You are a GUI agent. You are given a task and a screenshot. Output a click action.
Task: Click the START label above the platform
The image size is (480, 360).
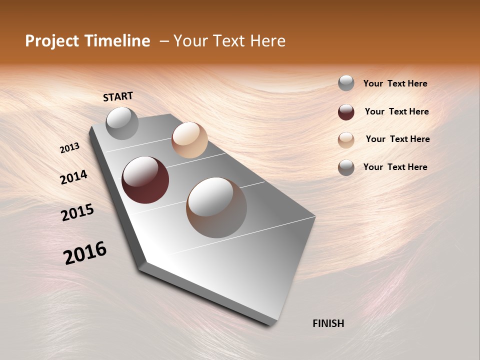point(118,96)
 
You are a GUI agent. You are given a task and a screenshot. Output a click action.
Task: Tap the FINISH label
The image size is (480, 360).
point(328,323)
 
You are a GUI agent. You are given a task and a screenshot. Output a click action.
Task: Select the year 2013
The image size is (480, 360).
point(69,148)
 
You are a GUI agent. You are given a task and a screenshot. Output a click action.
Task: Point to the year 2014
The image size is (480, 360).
point(73,177)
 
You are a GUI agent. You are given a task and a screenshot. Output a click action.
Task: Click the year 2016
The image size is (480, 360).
point(85,253)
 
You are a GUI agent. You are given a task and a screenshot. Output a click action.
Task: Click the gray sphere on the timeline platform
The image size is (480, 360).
point(122,123)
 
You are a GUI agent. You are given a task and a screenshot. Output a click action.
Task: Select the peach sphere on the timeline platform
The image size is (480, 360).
point(189,140)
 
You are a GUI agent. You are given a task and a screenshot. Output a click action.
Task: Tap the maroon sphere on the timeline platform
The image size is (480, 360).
point(145,180)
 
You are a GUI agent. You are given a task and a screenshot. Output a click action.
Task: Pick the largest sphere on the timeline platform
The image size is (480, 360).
point(216,207)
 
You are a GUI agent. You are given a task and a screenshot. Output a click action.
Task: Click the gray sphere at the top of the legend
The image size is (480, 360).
point(346,83)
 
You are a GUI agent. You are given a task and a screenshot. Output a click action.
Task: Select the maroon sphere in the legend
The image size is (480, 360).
point(346,112)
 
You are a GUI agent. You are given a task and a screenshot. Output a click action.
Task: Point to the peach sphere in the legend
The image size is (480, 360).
point(346,140)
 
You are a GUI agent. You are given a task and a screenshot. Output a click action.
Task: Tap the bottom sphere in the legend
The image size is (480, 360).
point(346,167)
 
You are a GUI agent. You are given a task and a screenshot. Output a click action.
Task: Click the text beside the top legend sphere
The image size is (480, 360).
point(395,83)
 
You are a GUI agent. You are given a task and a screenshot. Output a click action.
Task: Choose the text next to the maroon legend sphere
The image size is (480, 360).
point(396,111)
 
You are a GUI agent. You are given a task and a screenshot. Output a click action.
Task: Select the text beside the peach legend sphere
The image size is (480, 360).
point(397,139)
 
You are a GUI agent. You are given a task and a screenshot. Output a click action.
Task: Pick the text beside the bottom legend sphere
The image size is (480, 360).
point(395,167)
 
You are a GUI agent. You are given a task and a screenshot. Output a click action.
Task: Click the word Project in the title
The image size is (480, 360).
point(52,41)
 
